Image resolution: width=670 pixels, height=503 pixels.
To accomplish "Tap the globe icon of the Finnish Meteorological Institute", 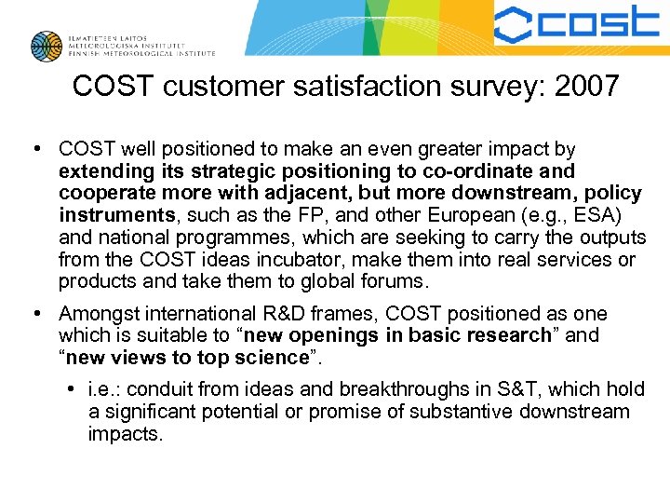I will (47, 47).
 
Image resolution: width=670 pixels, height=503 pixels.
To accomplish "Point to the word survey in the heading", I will (478, 87).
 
